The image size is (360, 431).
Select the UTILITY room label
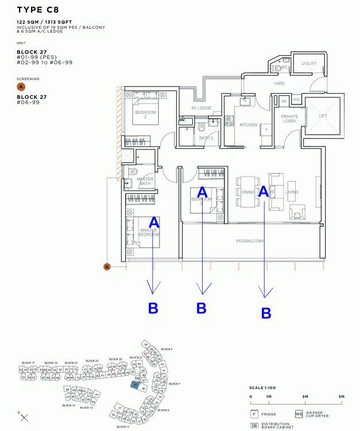coord(309,64)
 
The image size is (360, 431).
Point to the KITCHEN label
coord(248,124)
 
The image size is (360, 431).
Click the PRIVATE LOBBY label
coord(289,119)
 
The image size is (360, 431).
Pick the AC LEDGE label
coord(201,108)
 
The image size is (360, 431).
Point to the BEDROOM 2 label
coord(145,114)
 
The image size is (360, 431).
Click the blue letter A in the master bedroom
coord(154,222)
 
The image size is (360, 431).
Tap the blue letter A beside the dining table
coord(264,192)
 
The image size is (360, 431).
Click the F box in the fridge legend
coord(254,414)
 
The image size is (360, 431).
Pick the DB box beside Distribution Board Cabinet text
coord(254,425)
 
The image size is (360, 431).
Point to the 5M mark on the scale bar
coord(341,397)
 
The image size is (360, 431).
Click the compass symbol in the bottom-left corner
coord(24,418)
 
